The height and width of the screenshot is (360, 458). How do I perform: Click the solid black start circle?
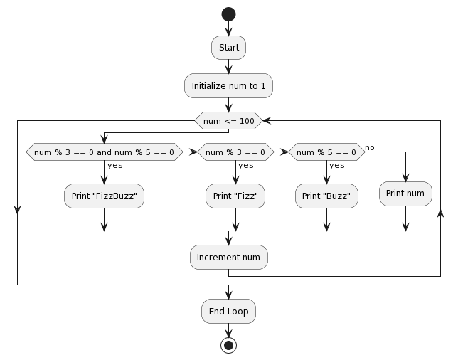(228, 14)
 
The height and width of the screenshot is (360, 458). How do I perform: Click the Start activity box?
(228, 48)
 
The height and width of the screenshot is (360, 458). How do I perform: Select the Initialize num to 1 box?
(228, 85)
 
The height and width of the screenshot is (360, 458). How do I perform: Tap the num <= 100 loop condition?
(228, 121)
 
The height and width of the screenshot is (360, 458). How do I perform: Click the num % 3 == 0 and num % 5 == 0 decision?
(104, 152)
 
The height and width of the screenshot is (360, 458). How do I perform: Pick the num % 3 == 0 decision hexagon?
(235, 152)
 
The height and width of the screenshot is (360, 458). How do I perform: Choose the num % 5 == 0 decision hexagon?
(326, 152)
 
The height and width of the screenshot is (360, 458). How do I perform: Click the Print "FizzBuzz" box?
(104, 196)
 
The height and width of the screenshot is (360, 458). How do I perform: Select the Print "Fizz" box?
(235, 196)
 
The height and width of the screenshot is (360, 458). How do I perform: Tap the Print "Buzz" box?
(326, 196)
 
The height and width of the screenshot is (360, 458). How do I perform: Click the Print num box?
(405, 194)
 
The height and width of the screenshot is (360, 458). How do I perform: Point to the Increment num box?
(228, 257)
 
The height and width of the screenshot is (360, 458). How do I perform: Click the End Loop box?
(228, 311)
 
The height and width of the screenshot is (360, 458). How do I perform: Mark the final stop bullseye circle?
(228, 345)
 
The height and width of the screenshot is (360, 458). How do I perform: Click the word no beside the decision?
(370, 147)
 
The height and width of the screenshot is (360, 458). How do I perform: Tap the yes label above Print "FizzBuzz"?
(115, 165)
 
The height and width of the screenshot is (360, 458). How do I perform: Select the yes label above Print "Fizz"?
(246, 165)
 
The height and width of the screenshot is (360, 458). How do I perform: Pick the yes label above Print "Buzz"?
(337, 165)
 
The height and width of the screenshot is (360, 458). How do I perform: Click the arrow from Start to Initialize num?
(228, 66)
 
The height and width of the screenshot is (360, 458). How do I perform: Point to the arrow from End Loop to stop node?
(228, 329)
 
